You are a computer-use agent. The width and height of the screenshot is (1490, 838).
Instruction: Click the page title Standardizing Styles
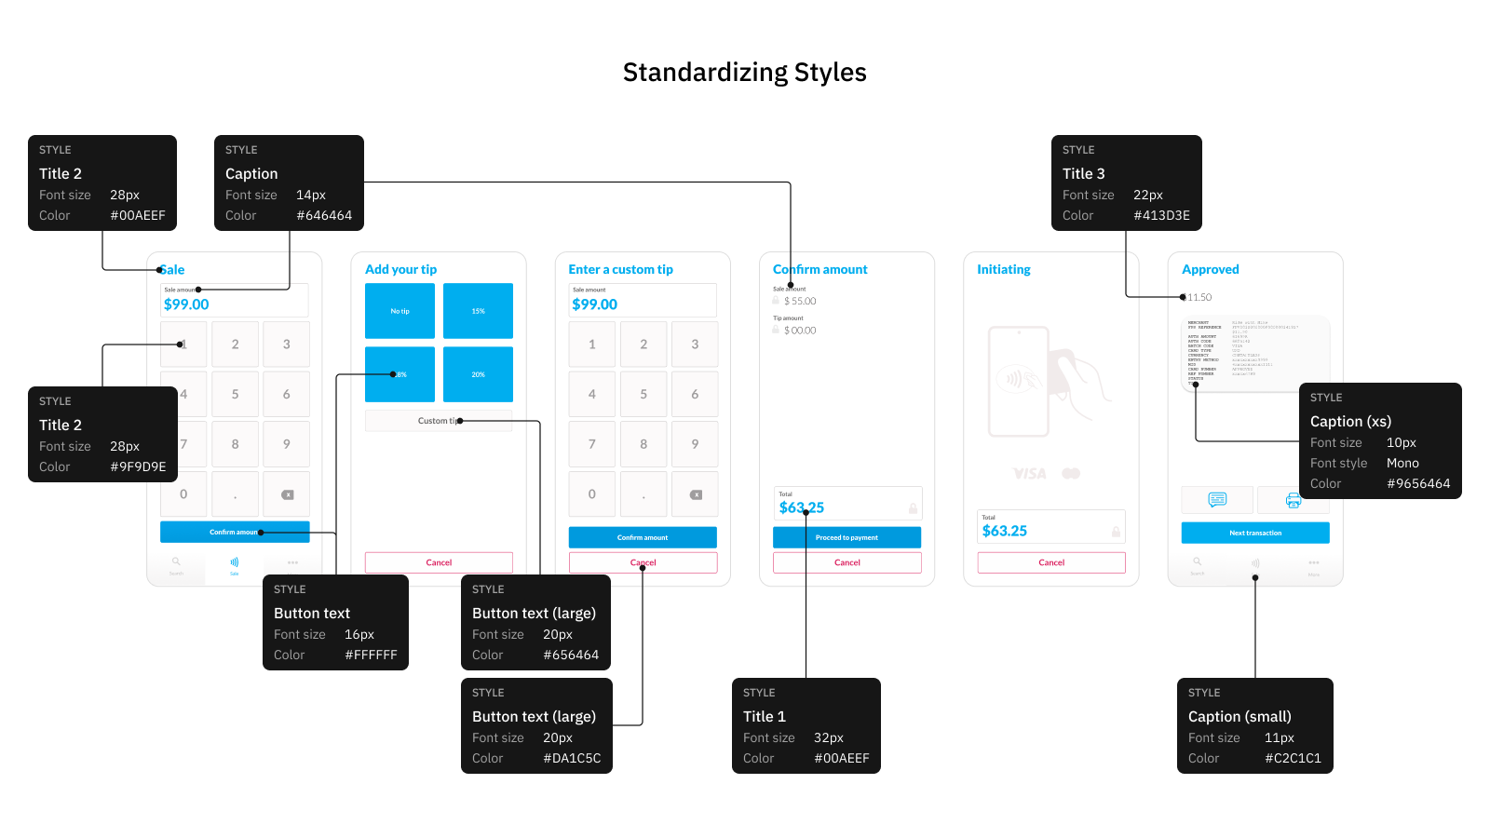[744, 73]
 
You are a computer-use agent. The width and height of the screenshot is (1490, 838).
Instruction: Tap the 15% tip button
[478, 311]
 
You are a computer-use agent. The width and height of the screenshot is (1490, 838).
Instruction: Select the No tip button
[400, 311]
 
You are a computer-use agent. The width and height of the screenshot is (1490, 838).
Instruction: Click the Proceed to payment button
[847, 537]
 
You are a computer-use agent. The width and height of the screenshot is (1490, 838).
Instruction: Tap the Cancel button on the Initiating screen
[1051, 562]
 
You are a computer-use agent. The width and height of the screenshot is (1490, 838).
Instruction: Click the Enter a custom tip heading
[620, 269]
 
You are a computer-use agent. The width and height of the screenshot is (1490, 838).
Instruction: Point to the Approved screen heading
[1210, 269]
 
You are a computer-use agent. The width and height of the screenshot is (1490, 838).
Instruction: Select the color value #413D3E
[1161, 215]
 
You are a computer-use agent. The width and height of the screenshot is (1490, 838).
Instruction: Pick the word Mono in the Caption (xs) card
[1402, 463]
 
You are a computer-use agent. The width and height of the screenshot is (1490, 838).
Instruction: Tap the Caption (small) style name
[1239, 716]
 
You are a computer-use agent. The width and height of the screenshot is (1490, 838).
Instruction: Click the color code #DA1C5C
[572, 758]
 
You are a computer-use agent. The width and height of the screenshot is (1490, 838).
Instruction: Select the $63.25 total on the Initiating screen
[1004, 531]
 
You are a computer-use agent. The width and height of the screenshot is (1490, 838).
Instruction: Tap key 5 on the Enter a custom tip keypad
[643, 394]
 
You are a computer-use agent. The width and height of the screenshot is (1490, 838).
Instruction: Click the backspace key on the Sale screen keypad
[287, 494]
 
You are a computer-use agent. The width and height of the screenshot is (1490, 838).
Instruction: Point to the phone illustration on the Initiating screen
[1019, 381]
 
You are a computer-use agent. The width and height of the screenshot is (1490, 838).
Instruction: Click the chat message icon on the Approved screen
[1217, 500]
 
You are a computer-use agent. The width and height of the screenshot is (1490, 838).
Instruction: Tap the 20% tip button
[478, 374]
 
